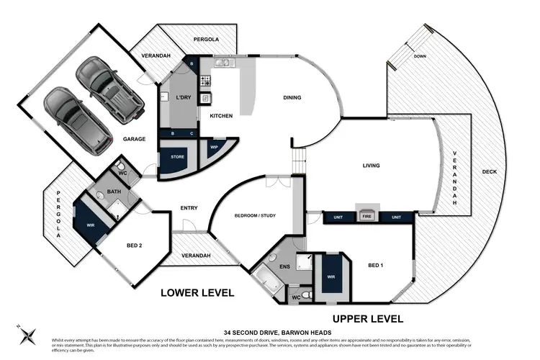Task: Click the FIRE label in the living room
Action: click(366, 217)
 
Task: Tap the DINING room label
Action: click(292, 98)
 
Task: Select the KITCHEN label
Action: click(220, 116)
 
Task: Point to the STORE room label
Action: click(176, 156)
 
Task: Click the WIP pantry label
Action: click(214, 147)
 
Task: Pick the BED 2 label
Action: click(134, 246)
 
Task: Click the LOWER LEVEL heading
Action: click(197, 293)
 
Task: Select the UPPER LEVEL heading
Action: click(367, 318)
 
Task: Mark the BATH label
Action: click(114, 192)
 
